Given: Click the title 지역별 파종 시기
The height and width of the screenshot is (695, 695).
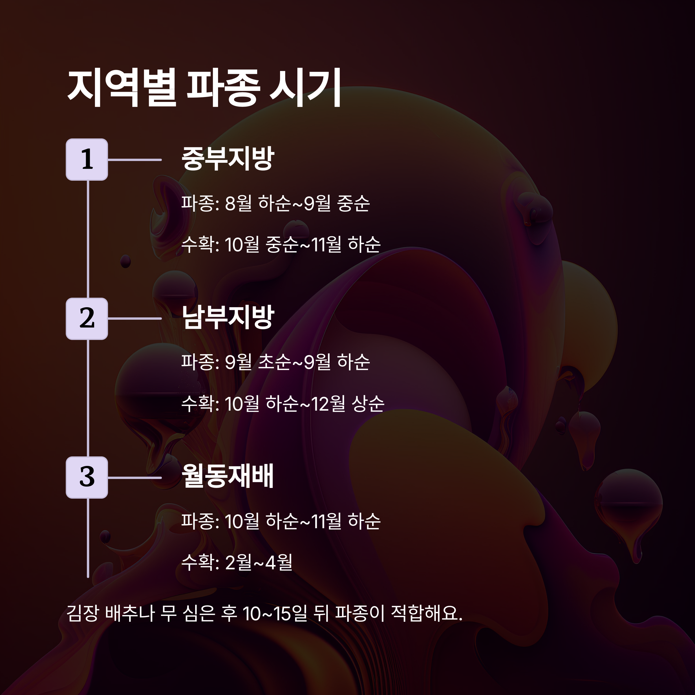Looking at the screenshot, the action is pos(204,88).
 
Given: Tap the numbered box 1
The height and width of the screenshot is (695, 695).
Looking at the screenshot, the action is pos(87,159).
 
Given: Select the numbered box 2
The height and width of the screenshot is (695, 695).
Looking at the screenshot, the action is pos(87,318).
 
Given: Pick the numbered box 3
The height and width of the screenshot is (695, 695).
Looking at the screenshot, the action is pos(87,477).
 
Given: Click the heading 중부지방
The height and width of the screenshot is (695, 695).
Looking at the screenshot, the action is pos(228,158).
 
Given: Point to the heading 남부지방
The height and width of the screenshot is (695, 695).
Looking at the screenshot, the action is pos(228,317).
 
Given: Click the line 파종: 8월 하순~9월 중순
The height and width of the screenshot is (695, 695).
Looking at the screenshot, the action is pos(275,203).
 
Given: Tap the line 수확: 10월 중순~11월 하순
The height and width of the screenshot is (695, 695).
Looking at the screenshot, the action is pos(281,245).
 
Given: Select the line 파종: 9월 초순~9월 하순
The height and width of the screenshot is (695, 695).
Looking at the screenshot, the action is pos(275,362).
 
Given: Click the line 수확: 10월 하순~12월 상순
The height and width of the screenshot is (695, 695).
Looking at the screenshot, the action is pos(283,404).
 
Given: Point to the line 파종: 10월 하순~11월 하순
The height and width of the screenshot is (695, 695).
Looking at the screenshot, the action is pos(281,521).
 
